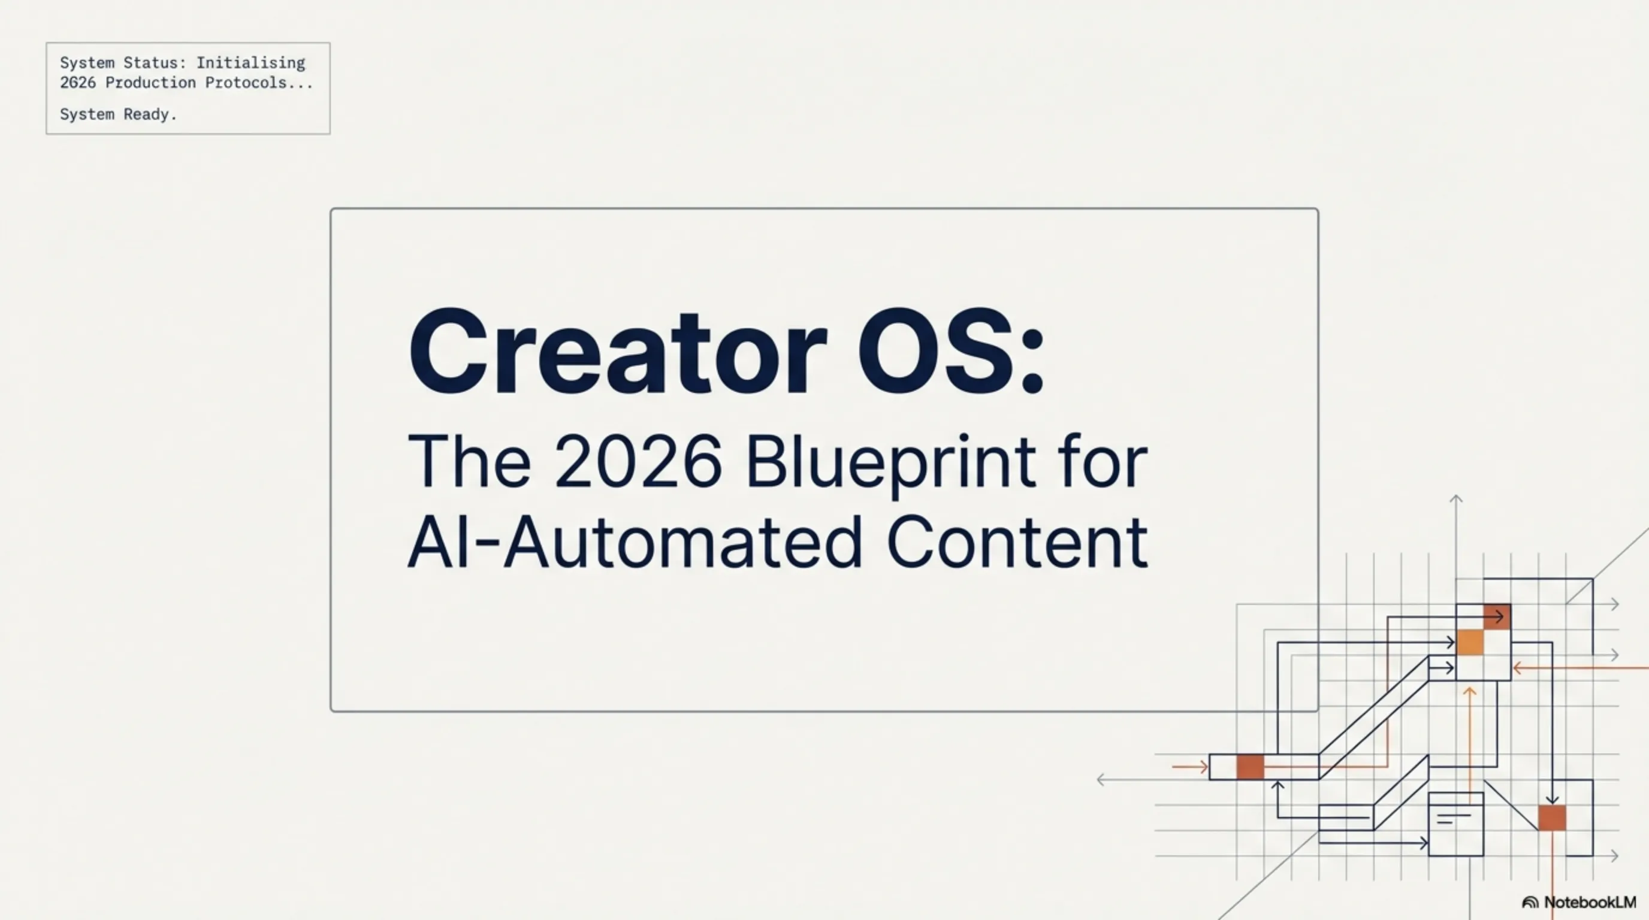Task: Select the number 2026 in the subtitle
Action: coord(638,461)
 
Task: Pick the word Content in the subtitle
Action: coord(1017,543)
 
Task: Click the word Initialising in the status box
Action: coord(250,63)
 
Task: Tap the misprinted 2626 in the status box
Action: coord(77,83)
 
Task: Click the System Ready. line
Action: coord(118,114)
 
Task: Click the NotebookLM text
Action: coord(1590,902)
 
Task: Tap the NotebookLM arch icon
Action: coord(1530,902)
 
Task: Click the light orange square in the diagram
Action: coord(1470,642)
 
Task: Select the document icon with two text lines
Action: coord(1455,824)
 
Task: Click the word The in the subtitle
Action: coord(469,461)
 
